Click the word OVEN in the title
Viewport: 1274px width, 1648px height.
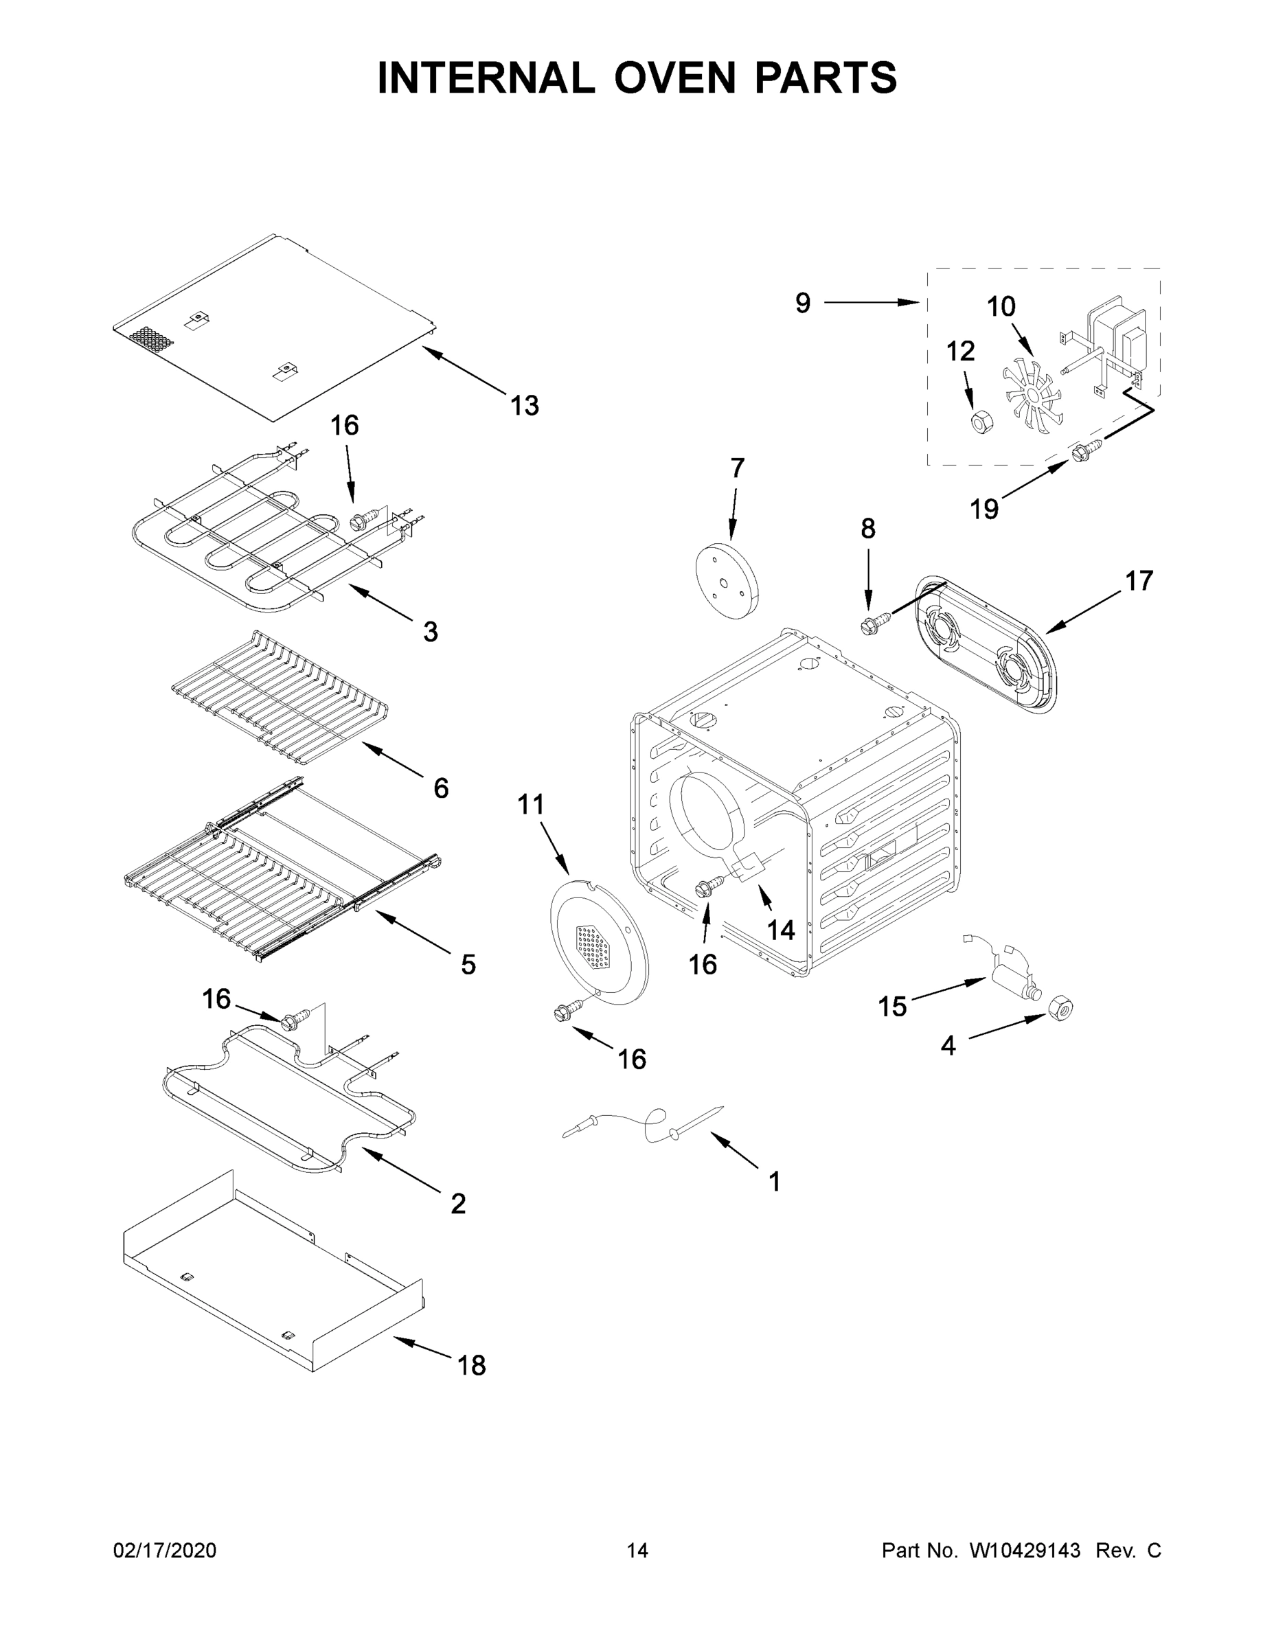[674, 78]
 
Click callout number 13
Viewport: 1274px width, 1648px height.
[525, 406]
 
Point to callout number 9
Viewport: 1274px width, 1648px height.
[802, 304]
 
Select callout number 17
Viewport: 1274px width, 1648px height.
[1139, 581]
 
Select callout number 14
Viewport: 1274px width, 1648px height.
[780, 930]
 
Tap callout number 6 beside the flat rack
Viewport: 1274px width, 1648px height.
[441, 788]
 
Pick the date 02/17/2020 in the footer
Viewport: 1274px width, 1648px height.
[165, 1550]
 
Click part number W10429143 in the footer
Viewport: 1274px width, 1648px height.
[1024, 1550]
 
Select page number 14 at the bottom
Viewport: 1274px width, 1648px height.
[637, 1550]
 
